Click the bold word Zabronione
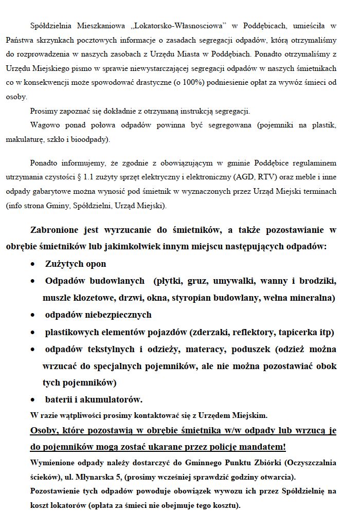[x=56, y=230]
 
